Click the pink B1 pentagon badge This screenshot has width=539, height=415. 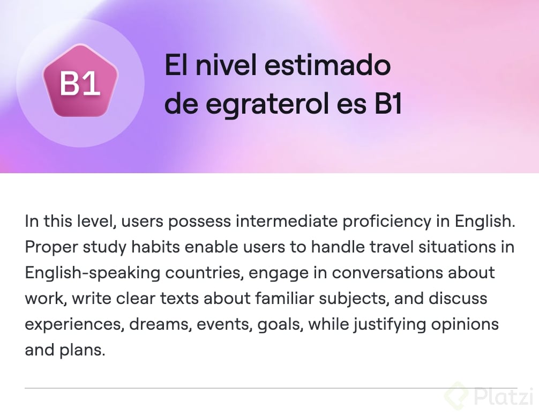(x=80, y=81)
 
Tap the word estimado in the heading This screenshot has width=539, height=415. (x=327, y=65)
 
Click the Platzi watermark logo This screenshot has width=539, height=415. (x=489, y=396)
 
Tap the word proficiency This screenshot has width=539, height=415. (x=387, y=221)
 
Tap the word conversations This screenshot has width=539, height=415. (x=387, y=273)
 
